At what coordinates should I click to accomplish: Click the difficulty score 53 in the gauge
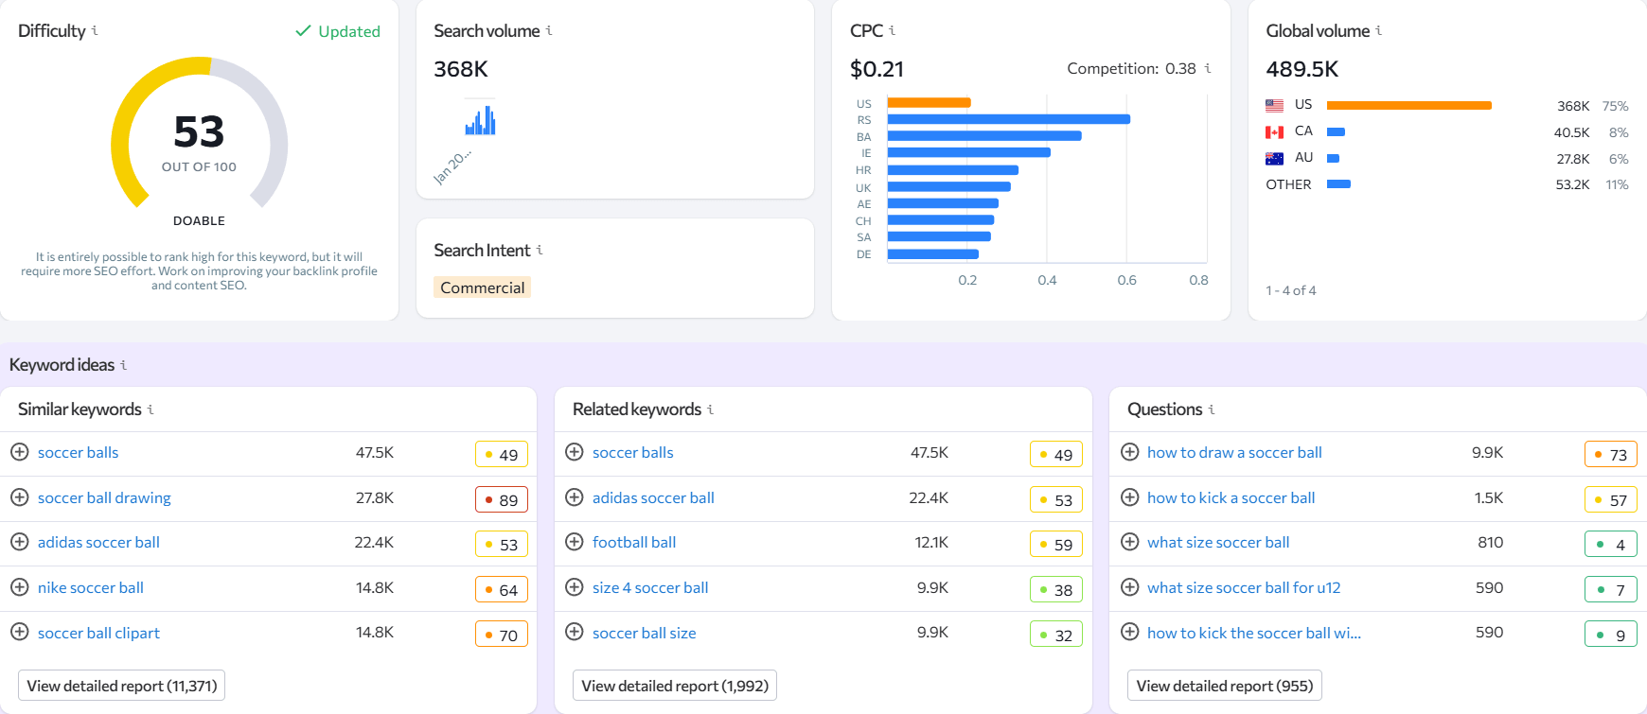pyautogui.click(x=199, y=132)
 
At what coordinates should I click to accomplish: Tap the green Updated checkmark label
pyautogui.click(x=339, y=31)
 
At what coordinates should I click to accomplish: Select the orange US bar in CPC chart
pyautogui.click(x=929, y=102)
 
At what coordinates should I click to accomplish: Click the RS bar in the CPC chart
pyautogui.click(x=1008, y=119)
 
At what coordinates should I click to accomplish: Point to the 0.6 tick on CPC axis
pyautogui.click(x=1126, y=280)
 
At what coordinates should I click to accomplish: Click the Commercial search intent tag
pyautogui.click(x=482, y=287)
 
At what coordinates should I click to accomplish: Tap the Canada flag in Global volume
pyautogui.click(x=1274, y=132)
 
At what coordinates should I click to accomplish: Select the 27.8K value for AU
pyautogui.click(x=1572, y=159)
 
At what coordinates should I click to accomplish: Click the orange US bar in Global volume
pyautogui.click(x=1408, y=105)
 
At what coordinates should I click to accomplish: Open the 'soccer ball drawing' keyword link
pyautogui.click(x=104, y=497)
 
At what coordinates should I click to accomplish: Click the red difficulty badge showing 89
pyautogui.click(x=501, y=499)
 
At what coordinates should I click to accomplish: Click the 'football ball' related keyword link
pyautogui.click(x=633, y=542)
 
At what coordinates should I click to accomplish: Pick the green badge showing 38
pyautogui.click(x=1055, y=590)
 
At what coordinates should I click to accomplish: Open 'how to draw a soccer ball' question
pyautogui.click(x=1234, y=452)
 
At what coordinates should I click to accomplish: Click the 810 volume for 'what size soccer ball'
pyautogui.click(x=1490, y=542)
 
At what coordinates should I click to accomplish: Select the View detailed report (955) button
pyautogui.click(x=1224, y=686)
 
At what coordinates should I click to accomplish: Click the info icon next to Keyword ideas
pyautogui.click(x=123, y=365)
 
